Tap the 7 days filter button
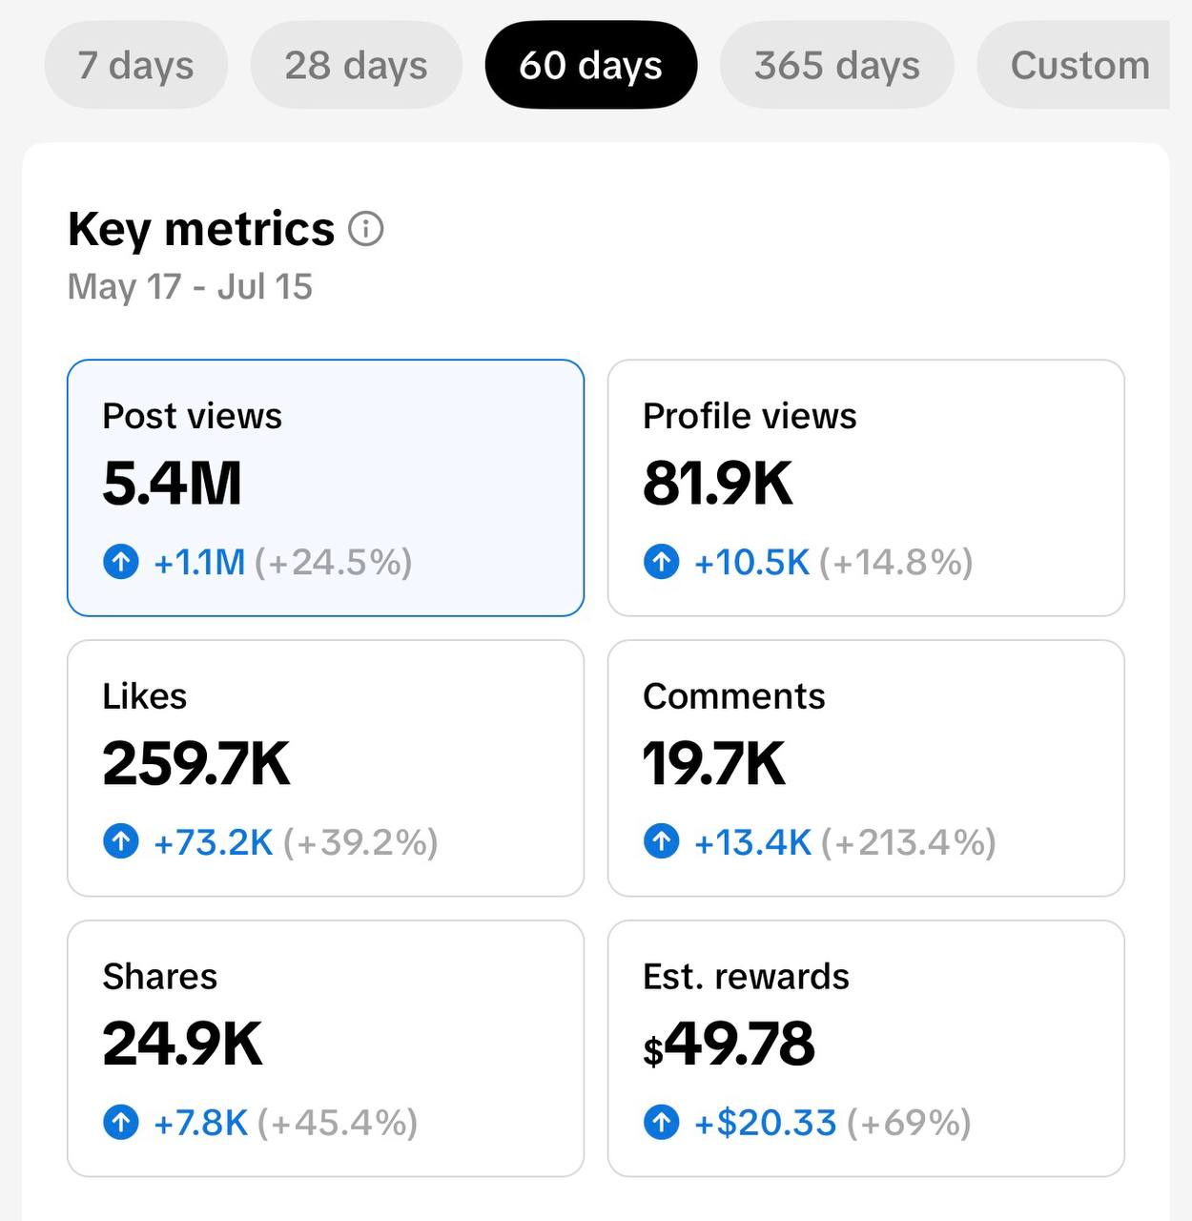click(x=135, y=65)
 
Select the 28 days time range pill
click(x=357, y=65)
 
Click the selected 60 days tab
click(x=591, y=65)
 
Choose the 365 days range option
click(x=837, y=65)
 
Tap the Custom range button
click(x=1074, y=65)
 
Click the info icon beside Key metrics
click(x=366, y=228)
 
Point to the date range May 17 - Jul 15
click(x=190, y=287)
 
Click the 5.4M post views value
click(x=172, y=483)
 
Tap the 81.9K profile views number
click(x=718, y=483)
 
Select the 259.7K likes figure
click(x=196, y=763)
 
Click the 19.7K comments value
click(x=714, y=763)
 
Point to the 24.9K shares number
click(x=182, y=1044)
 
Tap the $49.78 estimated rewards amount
click(x=729, y=1044)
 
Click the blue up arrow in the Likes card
click(x=121, y=841)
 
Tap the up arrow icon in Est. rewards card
click(x=661, y=1122)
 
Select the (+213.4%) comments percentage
click(x=909, y=842)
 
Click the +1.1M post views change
click(x=199, y=562)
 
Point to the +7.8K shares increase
click(x=201, y=1123)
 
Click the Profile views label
click(x=750, y=416)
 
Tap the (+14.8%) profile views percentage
click(x=896, y=562)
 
